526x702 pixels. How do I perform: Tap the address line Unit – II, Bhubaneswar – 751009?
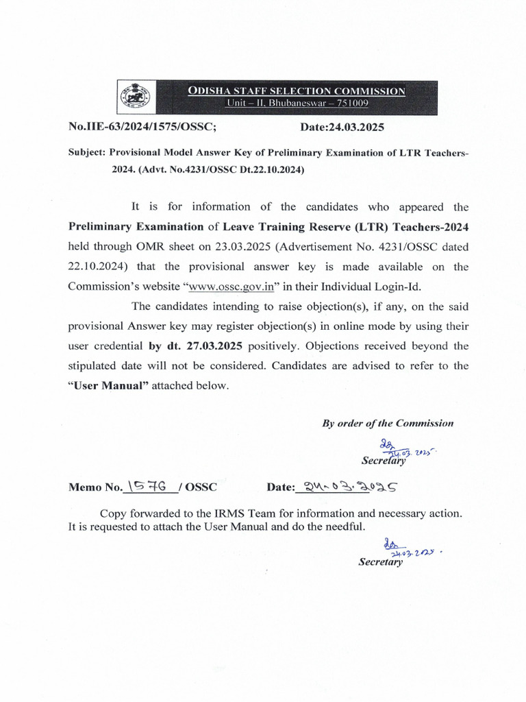pyautogui.click(x=298, y=104)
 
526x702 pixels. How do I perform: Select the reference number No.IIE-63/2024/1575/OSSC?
pyautogui.click(x=142, y=128)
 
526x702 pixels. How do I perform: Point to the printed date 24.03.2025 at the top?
pyautogui.click(x=342, y=128)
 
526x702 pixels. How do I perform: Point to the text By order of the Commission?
pyautogui.click(x=388, y=423)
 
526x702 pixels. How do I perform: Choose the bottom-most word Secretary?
pyautogui.click(x=381, y=562)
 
